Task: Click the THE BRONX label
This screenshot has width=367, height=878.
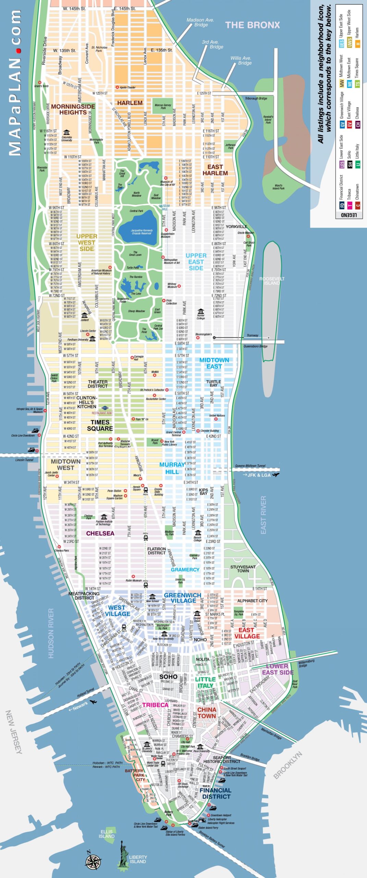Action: tap(253, 25)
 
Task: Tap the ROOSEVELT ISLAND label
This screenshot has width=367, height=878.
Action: tap(272, 281)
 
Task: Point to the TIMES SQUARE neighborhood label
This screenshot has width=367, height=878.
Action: tap(100, 425)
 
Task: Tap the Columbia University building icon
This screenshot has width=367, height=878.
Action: tap(66, 132)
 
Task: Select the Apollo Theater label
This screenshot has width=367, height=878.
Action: tap(127, 87)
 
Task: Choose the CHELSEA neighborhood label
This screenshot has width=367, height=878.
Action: tap(100, 533)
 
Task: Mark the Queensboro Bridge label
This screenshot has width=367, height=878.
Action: tap(256, 346)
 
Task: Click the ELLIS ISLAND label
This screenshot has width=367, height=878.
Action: tap(107, 834)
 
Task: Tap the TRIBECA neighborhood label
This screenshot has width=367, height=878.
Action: tap(155, 705)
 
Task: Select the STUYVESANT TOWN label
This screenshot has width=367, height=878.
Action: tap(243, 569)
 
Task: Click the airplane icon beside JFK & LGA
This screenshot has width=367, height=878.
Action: tap(276, 475)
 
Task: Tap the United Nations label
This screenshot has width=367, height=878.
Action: tap(217, 415)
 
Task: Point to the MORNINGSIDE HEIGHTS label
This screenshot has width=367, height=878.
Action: tap(73, 109)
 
